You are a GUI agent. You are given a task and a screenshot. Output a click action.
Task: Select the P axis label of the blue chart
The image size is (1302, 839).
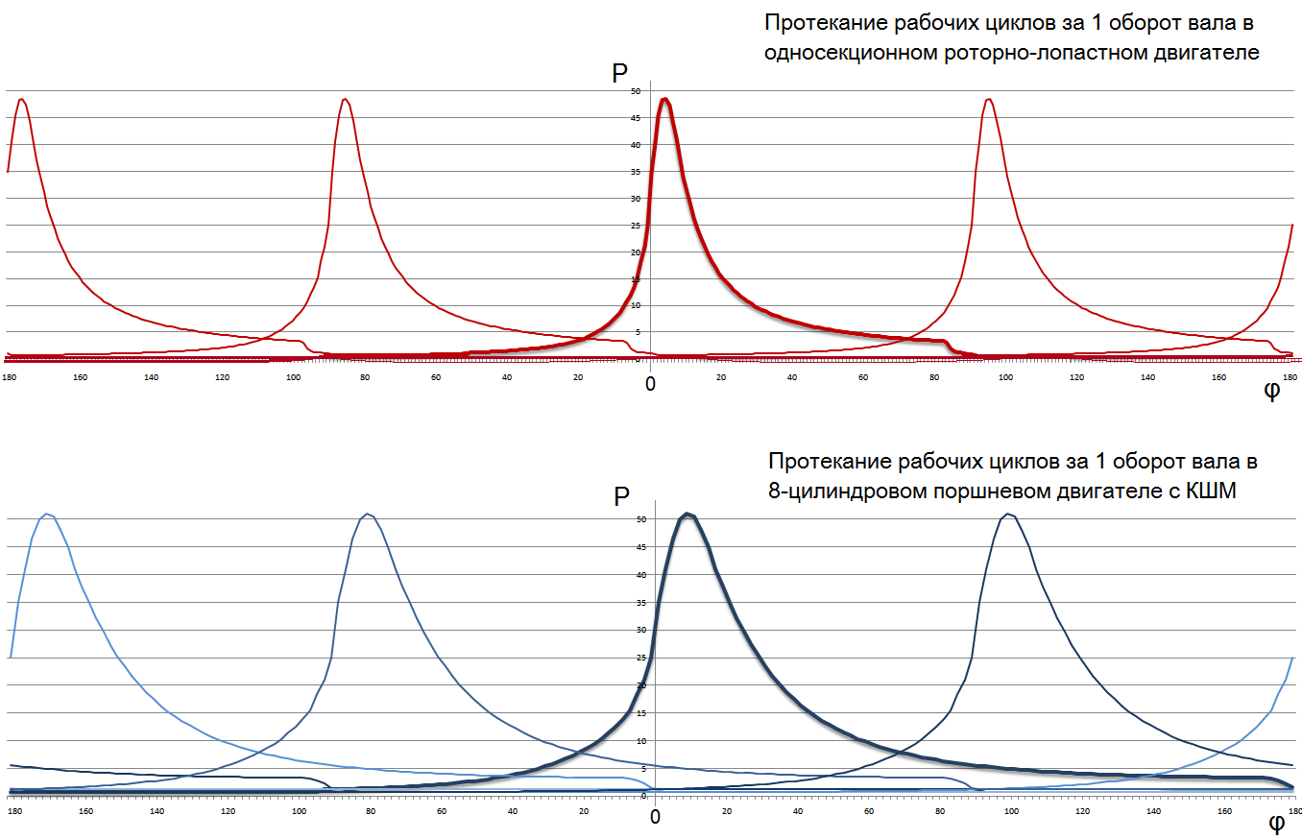(621, 496)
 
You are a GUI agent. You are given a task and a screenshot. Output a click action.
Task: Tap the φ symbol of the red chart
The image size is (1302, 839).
(1271, 392)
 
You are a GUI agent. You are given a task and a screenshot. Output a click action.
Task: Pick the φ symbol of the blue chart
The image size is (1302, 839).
(1277, 822)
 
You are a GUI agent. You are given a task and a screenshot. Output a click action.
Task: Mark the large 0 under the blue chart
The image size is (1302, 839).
(655, 817)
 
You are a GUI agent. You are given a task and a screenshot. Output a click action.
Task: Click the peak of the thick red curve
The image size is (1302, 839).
(664, 99)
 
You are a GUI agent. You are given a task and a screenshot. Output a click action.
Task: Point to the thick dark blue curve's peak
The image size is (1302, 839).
(687, 515)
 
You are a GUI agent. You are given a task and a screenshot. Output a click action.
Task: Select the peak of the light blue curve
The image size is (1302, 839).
(47, 515)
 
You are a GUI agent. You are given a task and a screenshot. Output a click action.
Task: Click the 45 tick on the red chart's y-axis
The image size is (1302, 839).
(635, 118)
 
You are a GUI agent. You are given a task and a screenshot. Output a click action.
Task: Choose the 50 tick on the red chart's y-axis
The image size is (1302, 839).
(635, 92)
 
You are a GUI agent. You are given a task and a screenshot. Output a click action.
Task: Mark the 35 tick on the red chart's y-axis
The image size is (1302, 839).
(635, 172)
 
